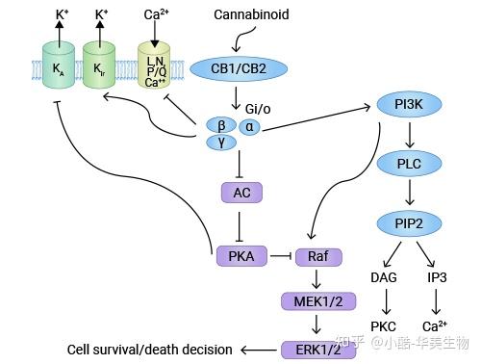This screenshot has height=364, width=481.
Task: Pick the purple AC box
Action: tap(241, 193)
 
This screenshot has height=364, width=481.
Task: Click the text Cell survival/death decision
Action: tap(150, 349)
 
